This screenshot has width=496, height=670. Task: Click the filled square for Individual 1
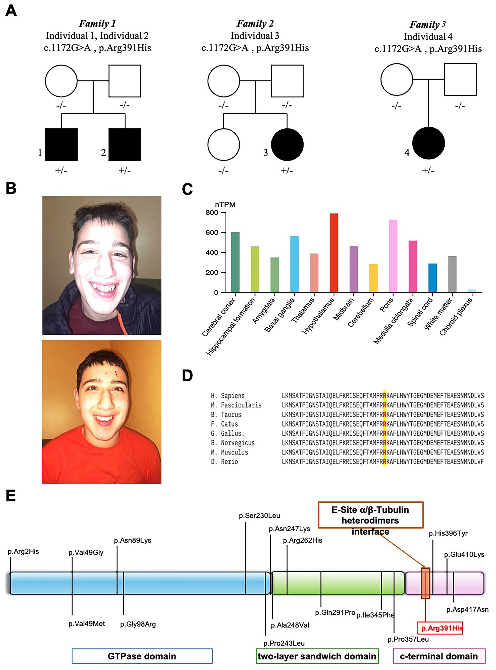(61, 145)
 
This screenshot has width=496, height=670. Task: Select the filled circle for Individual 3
(287, 145)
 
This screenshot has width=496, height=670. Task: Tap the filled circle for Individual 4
(428, 143)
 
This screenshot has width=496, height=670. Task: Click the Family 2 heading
(255, 23)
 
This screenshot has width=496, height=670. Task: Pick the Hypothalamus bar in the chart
(334, 253)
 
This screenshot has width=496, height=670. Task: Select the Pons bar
(393, 256)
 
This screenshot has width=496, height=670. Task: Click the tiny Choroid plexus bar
(472, 290)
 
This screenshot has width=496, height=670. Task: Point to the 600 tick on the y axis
(212, 233)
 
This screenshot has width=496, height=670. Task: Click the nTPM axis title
(225, 205)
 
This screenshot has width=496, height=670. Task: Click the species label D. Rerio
(224, 461)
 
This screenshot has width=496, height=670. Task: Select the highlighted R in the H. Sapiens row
(385, 395)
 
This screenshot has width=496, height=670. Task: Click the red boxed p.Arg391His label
(440, 628)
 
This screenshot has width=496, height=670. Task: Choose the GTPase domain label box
(142, 656)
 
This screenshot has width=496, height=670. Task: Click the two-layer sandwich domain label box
(317, 656)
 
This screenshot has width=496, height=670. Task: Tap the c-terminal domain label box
(439, 656)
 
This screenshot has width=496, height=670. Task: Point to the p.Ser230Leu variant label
(259, 515)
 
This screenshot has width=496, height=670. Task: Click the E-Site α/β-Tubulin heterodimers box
(370, 515)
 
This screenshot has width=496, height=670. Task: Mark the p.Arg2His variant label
(23, 551)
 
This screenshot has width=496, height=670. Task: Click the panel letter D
(187, 376)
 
